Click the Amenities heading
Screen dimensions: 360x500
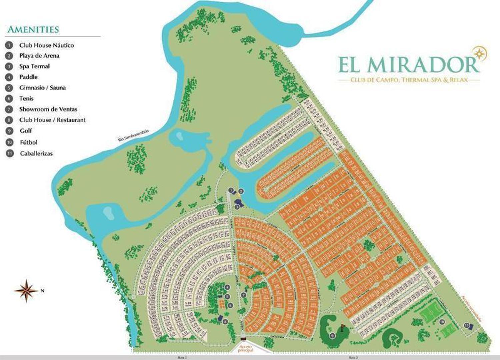pyautogui.click(x=33, y=29)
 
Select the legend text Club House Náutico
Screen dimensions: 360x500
pyautogui.click(x=46, y=45)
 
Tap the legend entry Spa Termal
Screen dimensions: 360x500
pyautogui.click(x=34, y=66)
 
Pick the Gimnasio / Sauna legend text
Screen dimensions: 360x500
pyautogui.click(x=42, y=88)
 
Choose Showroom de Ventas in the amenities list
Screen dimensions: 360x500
pyautogui.click(x=48, y=109)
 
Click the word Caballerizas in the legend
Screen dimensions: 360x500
pyautogui.click(x=36, y=154)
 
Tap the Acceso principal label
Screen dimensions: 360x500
pyautogui.click(x=246, y=348)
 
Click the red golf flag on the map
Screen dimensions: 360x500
pyautogui.click(x=342, y=325)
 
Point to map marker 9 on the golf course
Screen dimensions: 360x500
pyautogui.click(x=332, y=336)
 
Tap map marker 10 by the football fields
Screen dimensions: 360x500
pyautogui.click(x=442, y=322)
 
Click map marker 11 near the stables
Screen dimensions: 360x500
pyautogui.click(x=467, y=325)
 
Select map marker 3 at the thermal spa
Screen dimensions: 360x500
pyautogui.click(x=236, y=207)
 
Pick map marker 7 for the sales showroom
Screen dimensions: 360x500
pyautogui.click(x=244, y=295)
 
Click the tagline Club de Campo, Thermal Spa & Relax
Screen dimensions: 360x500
pyautogui.click(x=409, y=80)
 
